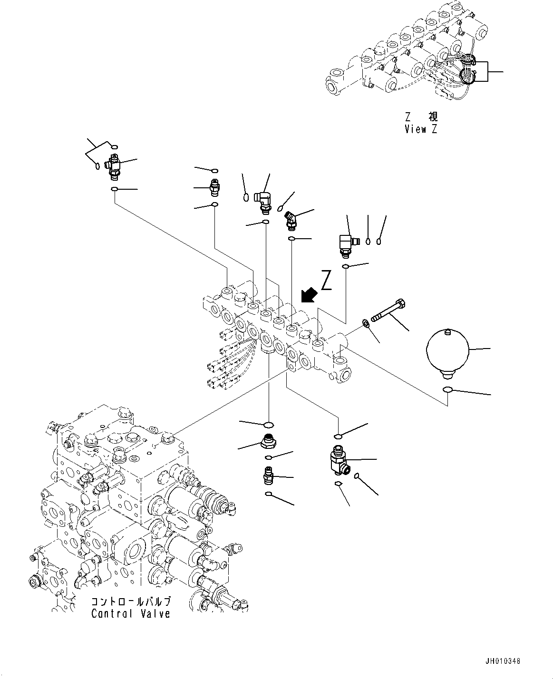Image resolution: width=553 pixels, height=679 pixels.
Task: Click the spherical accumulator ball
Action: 448,352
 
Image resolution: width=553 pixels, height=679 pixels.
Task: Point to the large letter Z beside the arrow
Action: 326,280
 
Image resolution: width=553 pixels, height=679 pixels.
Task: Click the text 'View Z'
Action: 420,129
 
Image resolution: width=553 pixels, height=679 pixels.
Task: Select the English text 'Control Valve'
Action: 130,613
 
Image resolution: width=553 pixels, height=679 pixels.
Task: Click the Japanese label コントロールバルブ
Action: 130,602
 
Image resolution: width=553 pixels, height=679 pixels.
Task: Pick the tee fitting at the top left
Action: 114,167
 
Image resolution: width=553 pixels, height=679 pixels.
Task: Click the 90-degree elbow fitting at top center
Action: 262,200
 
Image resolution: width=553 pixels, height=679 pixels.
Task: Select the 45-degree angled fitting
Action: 291,220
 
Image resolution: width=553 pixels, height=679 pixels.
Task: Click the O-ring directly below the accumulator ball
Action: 447,390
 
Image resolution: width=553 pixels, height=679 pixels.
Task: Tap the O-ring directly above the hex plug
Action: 268,424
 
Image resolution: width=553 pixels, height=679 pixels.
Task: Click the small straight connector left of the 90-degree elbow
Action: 214,188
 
